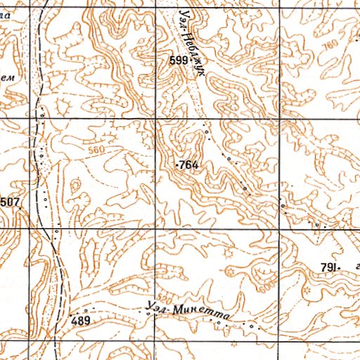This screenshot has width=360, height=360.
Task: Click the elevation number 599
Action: tap(179, 61)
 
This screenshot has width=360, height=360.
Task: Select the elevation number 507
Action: tap(10, 203)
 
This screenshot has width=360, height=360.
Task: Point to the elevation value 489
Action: tap(81, 320)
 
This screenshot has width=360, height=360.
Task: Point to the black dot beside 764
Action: tap(176, 165)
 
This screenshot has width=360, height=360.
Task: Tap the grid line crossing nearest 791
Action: tap(279, 229)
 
